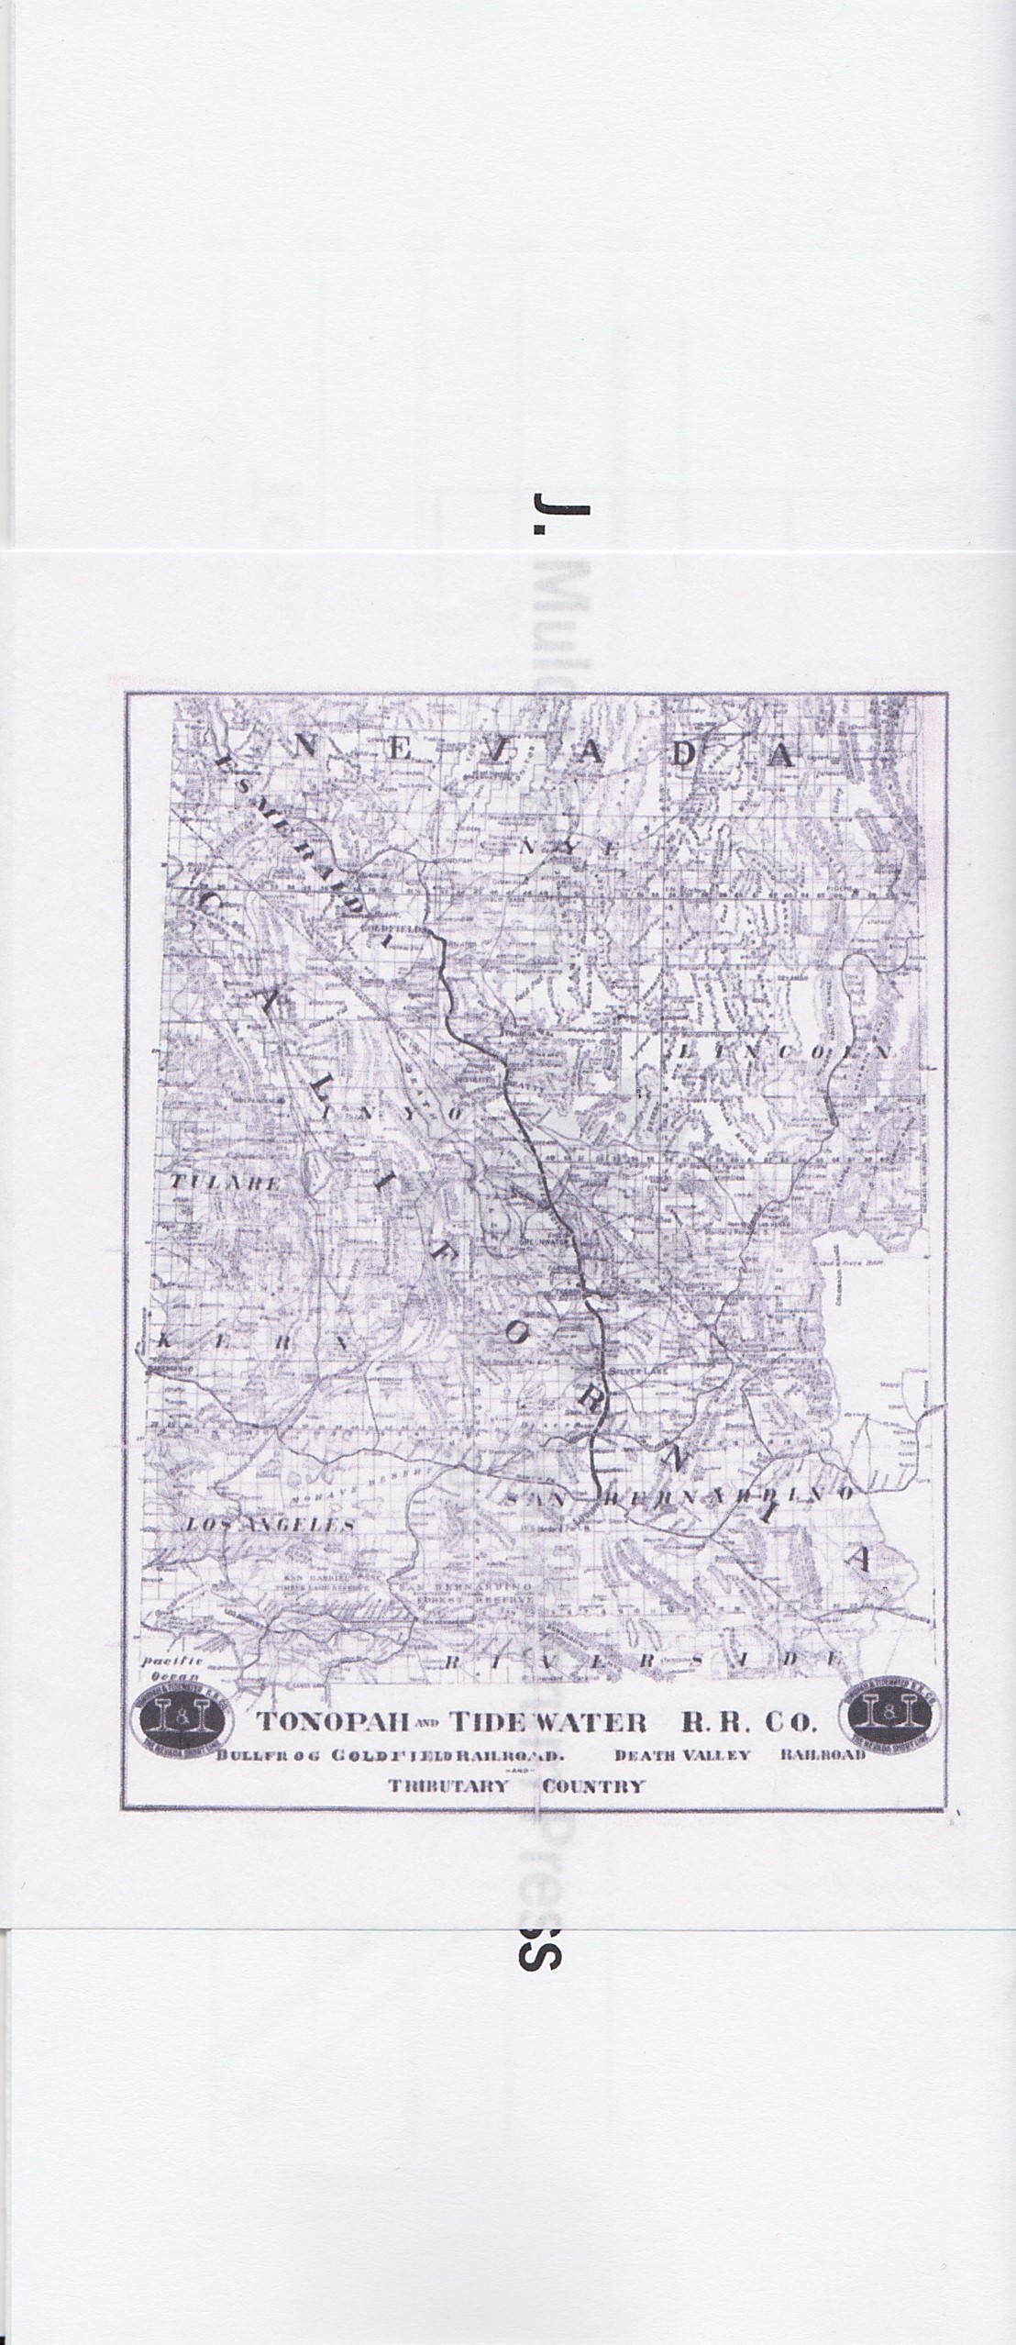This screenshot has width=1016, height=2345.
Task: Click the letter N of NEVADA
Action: tap(308, 747)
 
